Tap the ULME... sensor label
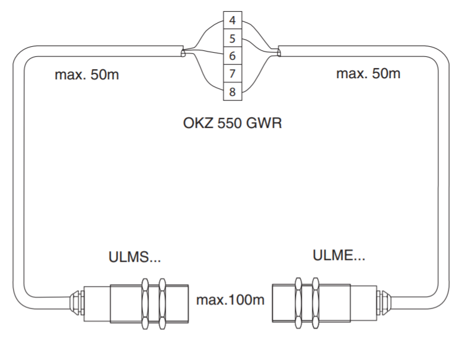pyautogui.click(x=339, y=257)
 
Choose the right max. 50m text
pyautogui.click(x=368, y=74)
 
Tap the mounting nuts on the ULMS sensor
pyautogui.click(x=152, y=303)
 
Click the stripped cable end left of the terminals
pyautogui.click(x=183, y=54)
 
